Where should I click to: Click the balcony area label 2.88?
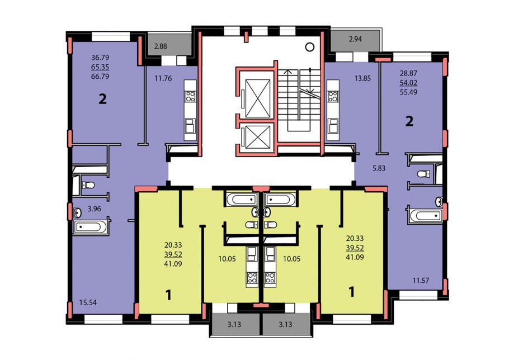(x=161, y=46)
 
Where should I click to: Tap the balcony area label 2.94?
(x=355, y=39)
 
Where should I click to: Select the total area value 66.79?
(x=100, y=77)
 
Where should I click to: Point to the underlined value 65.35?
(x=100, y=67)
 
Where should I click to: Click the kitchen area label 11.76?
(x=163, y=78)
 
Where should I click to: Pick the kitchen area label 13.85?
(x=362, y=78)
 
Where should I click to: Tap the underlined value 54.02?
(x=408, y=83)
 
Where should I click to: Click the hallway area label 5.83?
(x=379, y=168)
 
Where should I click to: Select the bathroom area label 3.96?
(x=94, y=209)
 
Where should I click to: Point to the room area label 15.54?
(x=88, y=302)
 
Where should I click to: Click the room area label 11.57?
(x=421, y=281)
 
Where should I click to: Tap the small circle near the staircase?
(x=310, y=47)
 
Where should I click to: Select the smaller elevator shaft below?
(x=258, y=137)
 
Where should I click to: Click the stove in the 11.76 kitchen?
(x=190, y=96)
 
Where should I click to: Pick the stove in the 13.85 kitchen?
(x=333, y=96)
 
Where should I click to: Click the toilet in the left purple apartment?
(x=88, y=185)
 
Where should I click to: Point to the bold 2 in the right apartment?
(x=409, y=121)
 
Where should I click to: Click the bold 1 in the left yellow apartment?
(x=168, y=296)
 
